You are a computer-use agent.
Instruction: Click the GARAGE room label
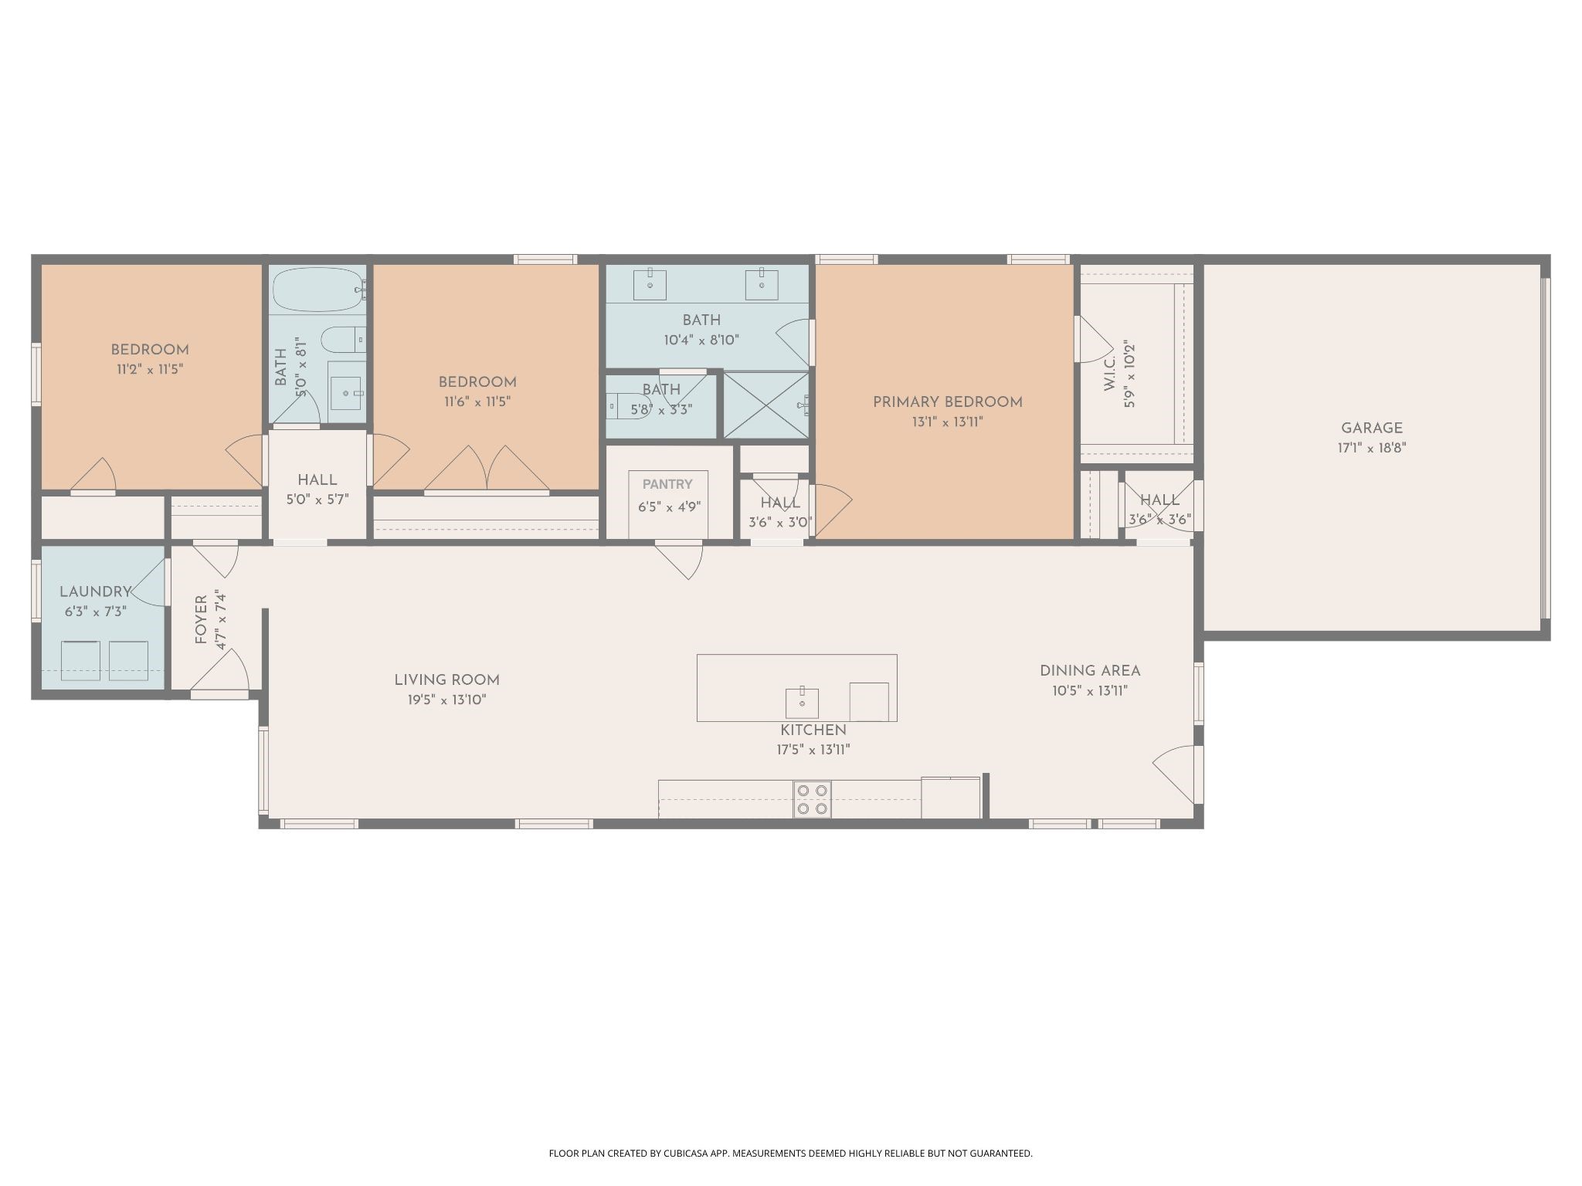[1371, 428]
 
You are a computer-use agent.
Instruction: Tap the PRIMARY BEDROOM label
[947, 402]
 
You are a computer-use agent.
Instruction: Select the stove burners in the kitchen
[812, 799]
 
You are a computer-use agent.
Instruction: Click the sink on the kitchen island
[803, 703]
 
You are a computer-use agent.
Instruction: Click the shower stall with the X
[766, 405]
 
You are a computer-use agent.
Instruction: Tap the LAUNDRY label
[96, 592]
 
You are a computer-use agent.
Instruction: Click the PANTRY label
[667, 484]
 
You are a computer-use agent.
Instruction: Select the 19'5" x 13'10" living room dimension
[447, 700]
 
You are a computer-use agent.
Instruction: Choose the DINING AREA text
[1090, 671]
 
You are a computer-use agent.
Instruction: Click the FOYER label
[201, 620]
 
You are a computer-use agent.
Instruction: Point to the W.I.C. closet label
[1110, 374]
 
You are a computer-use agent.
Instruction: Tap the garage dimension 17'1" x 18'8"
[1372, 448]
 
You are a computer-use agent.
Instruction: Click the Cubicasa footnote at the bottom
[790, 1154]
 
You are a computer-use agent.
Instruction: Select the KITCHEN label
[813, 730]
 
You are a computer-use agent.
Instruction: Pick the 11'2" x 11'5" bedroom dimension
[150, 370]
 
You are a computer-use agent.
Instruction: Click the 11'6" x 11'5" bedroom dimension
[477, 402]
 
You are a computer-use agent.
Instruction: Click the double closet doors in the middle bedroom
[487, 469]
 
